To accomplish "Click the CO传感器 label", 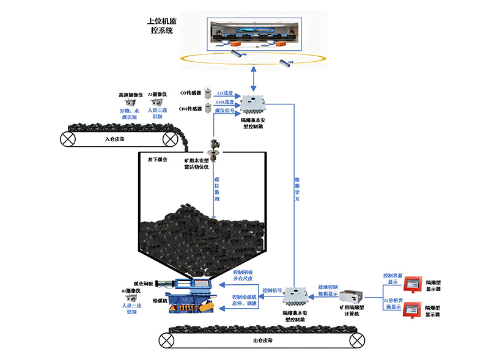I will click(191, 93).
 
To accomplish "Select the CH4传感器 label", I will click(190, 109).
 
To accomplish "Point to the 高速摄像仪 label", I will click(130, 95).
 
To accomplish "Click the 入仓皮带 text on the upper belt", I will click(114, 139).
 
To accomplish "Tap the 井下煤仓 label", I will click(158, 160).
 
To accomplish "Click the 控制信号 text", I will click(272, 290).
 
